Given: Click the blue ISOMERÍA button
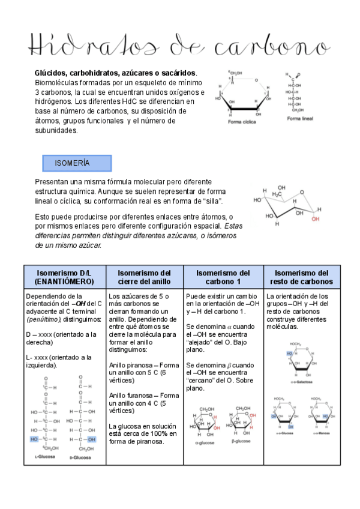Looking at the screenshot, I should coord(77,163).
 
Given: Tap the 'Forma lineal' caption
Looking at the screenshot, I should coord(300,118).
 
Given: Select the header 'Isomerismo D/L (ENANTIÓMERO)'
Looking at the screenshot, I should coord(64,277).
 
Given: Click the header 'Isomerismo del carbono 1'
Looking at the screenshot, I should coord(223,277).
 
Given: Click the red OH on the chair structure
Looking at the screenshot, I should coord(314,220).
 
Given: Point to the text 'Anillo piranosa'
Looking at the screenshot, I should coord(131,364).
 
